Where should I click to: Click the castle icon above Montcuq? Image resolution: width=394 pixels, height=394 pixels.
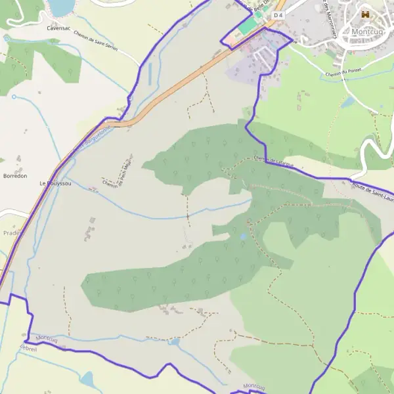click(366, 14)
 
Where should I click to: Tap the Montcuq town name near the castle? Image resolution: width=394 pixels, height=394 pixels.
click(370, 31)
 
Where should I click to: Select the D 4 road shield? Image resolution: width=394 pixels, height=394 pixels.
click(278, 15)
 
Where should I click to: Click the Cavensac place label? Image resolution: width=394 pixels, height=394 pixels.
click(58, 29)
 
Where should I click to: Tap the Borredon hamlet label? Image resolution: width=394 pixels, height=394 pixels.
click(15, 176)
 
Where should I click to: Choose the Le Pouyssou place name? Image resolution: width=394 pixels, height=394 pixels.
click(55, 184)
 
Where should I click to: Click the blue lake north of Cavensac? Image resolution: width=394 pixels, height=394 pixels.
click(61, 7)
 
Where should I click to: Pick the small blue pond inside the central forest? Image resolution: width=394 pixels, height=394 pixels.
click(244, 236)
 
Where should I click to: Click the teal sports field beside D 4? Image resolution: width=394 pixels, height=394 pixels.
click(247, 27)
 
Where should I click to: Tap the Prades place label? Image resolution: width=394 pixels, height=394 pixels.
click(11, 232)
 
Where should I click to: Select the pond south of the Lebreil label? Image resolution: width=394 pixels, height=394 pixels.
click(87, 379)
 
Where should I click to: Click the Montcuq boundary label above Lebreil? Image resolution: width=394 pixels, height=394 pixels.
click(47, 338)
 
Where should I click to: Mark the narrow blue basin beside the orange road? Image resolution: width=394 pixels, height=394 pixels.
click(149, 72)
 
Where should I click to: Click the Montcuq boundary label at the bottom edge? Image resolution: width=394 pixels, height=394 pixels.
click(253, 386)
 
